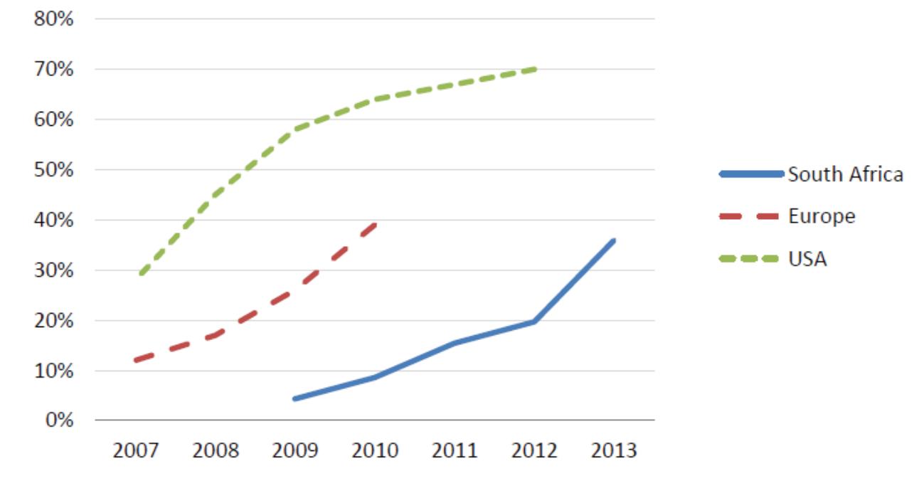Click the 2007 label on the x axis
coord(136,451)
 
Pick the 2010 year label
coord(375,451)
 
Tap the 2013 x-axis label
coord(614,451)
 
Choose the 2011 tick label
coord(455,451)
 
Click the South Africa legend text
coord(845,174)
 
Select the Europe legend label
coord(822,216)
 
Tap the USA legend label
coord(807,259)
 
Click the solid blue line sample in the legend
coord(750,174)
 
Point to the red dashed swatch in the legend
coord(750,217)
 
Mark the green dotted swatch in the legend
coord(750,259)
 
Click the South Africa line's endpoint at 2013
coord(613,240)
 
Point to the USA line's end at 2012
coord(534,69)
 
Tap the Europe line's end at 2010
coord(376,224)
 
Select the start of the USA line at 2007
coord(142,273)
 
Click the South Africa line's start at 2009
coord(294,398)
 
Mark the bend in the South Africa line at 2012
coord(534,322)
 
